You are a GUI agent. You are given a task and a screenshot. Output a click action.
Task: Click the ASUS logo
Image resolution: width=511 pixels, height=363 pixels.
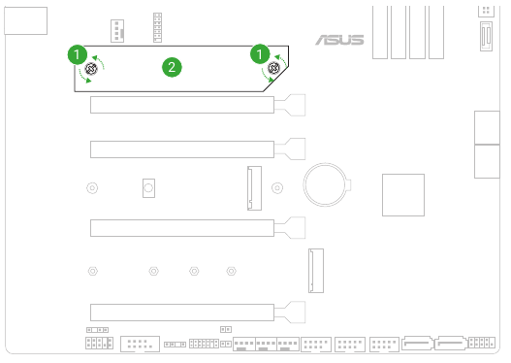tap(339, 40)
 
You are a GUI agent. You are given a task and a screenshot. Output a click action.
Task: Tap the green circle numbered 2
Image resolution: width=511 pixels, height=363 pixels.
tap(172, 67)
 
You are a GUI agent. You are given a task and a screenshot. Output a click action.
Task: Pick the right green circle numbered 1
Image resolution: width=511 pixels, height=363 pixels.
tap(259, 53)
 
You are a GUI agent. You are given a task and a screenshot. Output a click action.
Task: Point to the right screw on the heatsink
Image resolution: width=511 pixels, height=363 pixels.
tap(273, 68)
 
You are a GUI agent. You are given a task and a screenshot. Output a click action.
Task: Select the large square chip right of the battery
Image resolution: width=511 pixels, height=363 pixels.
tap(402, 194)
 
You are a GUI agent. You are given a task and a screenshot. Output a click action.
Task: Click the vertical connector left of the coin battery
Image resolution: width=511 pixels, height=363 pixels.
tap(253, 187)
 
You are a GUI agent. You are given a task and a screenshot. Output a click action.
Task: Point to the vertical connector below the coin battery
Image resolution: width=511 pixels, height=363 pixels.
tap(316, 271)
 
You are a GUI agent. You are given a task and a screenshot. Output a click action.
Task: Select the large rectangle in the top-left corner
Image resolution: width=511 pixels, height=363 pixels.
tap(25, 19)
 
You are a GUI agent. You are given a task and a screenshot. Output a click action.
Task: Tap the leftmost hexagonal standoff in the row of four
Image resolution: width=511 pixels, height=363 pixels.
tap(90, 271)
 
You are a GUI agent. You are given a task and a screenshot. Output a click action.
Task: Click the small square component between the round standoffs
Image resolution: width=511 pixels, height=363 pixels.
tap(148, 187)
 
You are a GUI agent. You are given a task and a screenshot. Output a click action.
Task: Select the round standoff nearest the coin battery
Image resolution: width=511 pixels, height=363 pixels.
tap(278, 187)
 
